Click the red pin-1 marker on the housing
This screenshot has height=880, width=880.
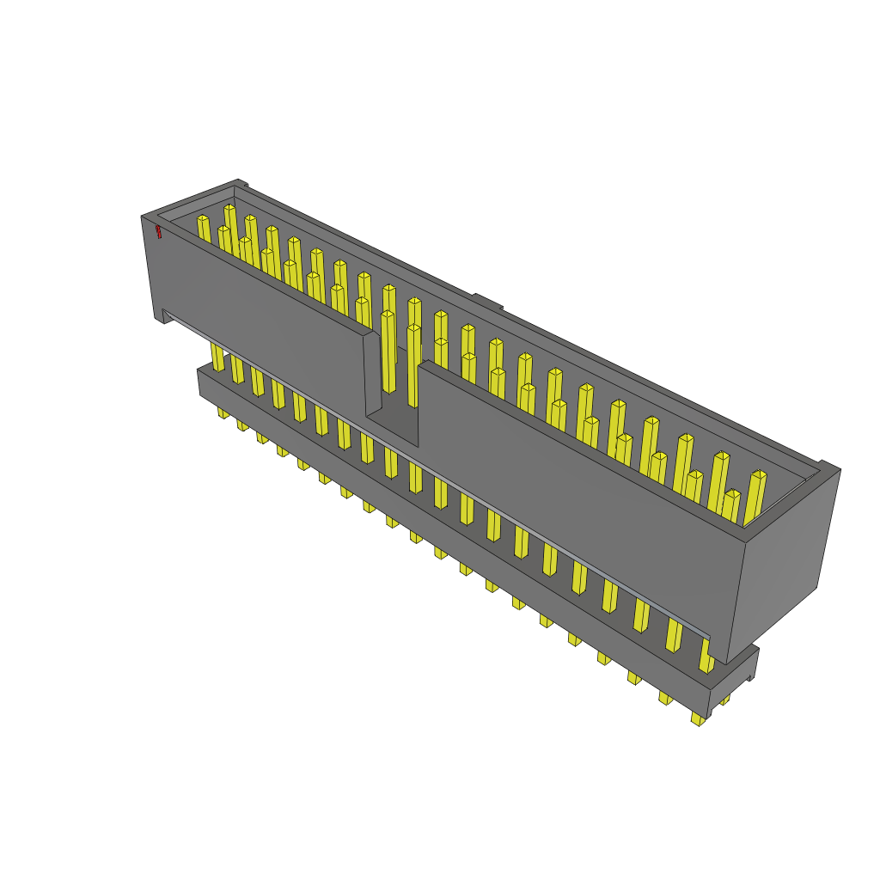158,231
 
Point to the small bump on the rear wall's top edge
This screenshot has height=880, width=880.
486,301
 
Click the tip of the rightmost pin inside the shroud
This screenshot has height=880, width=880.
758,474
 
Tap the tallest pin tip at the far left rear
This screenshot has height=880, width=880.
229,208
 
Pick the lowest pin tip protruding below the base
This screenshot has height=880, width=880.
698,718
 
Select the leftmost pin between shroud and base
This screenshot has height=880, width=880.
217,357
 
